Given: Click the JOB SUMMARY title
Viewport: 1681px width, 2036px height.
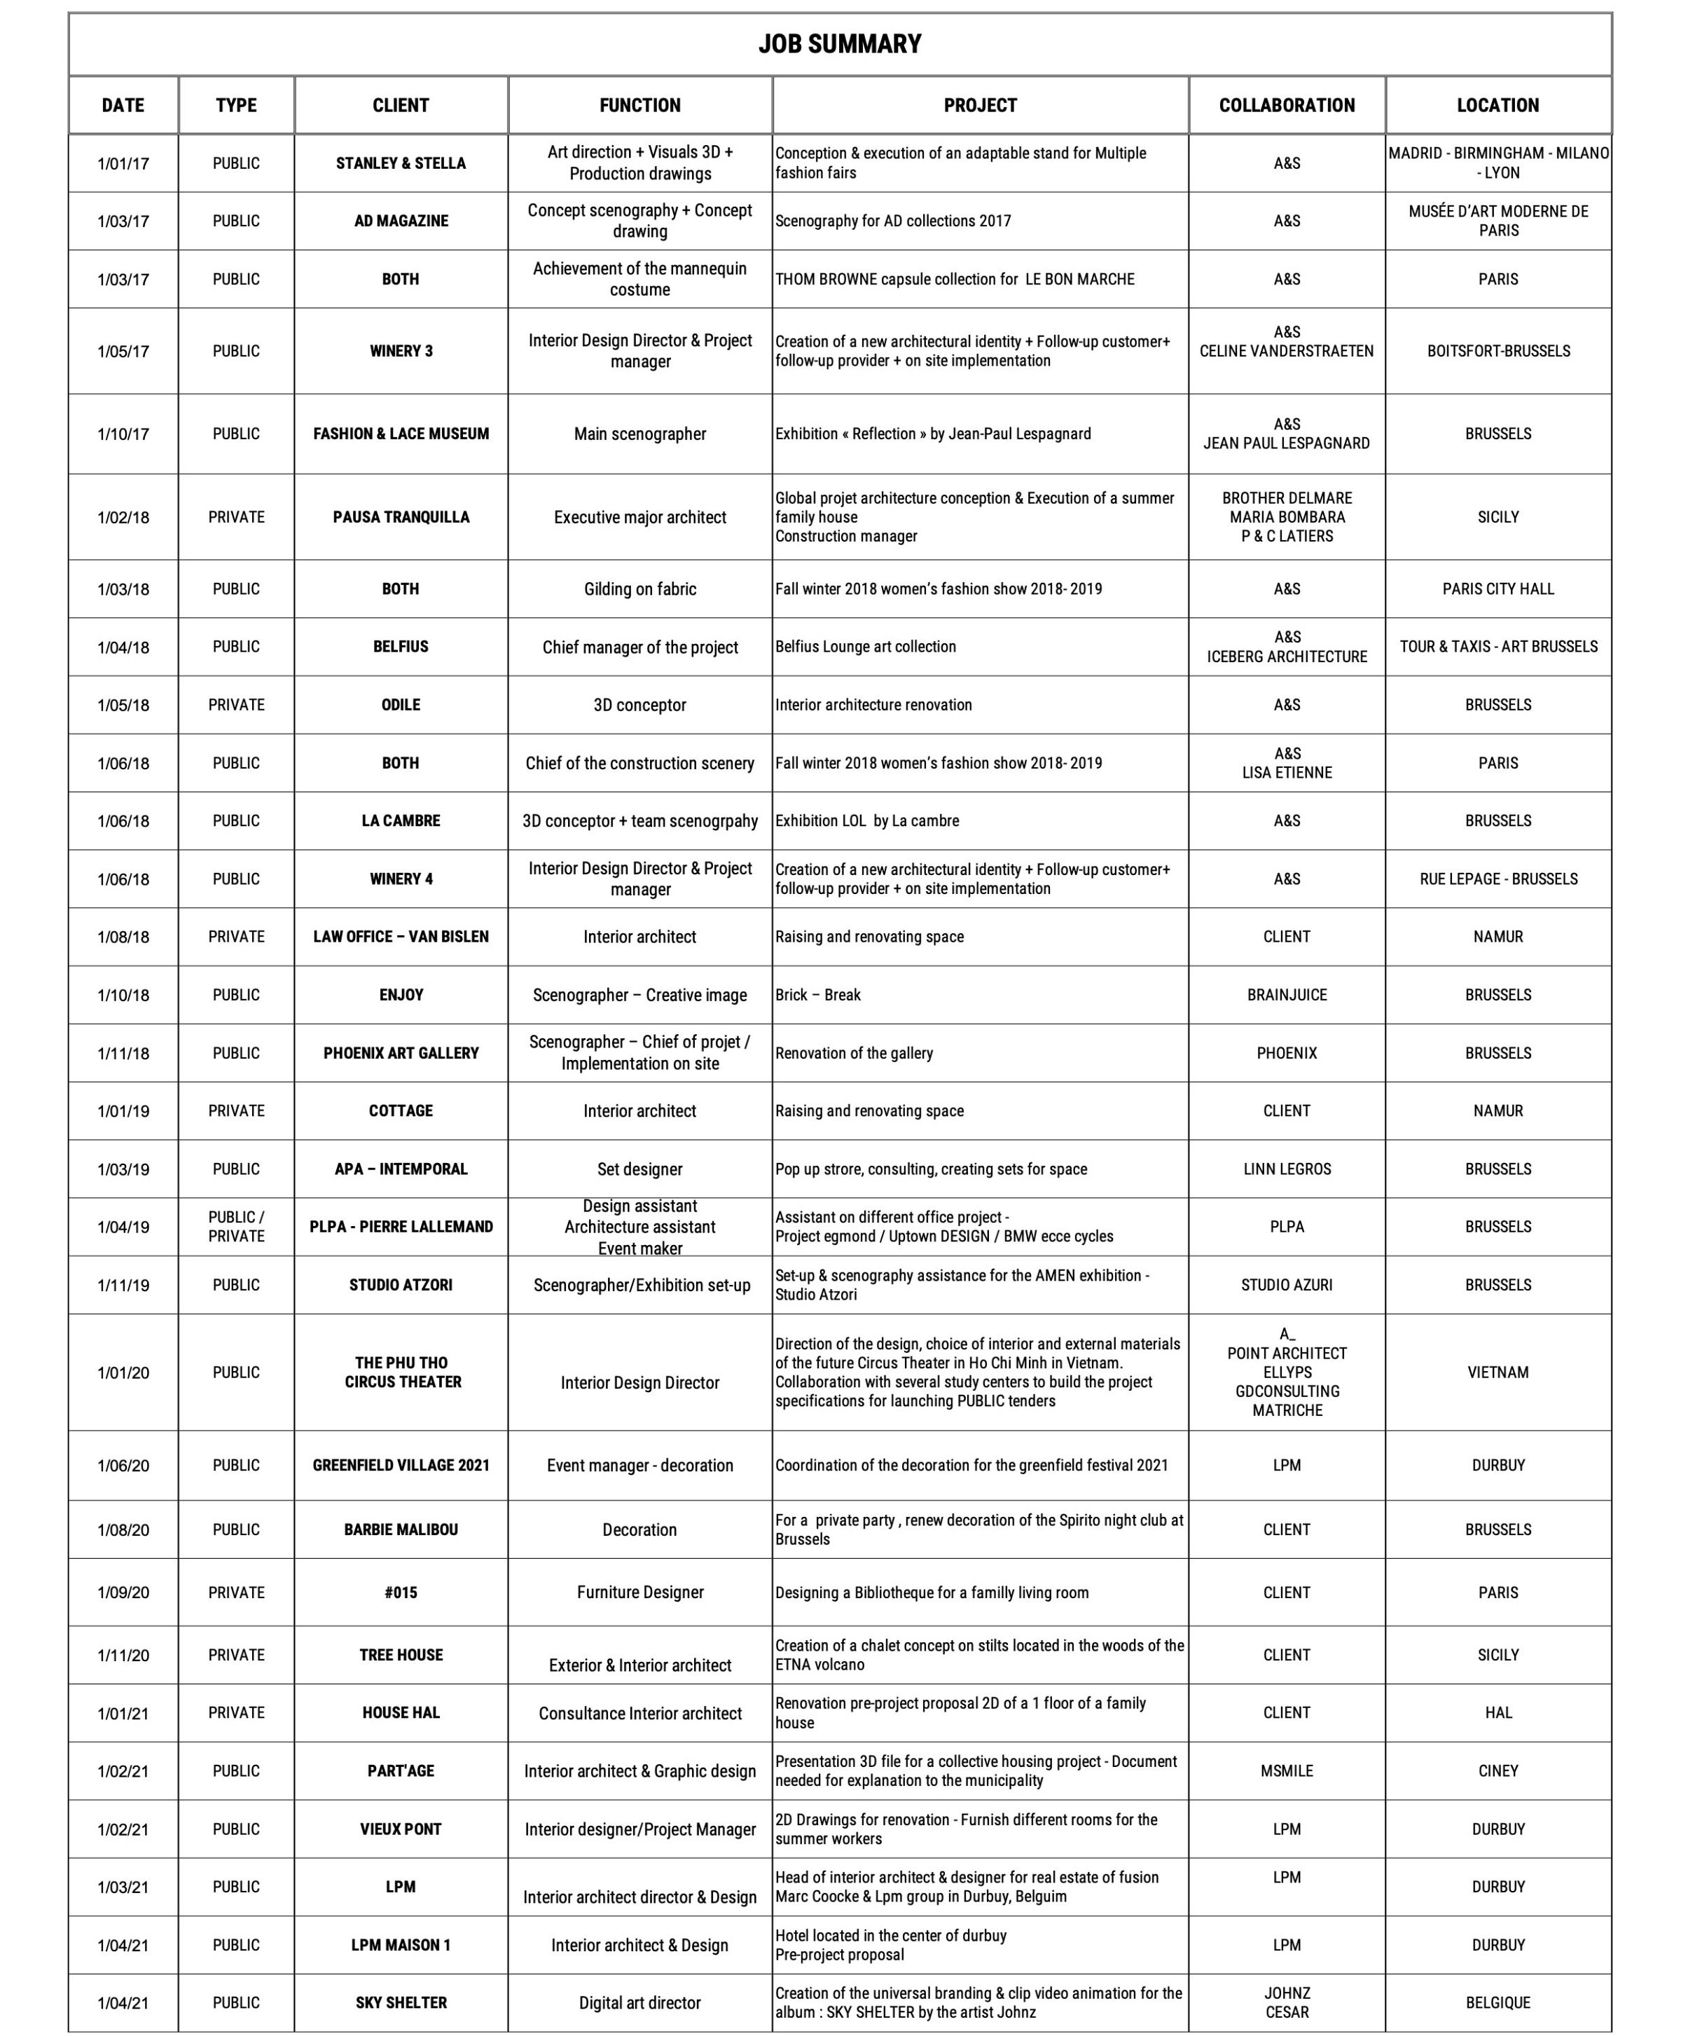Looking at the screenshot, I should tap(840, 45).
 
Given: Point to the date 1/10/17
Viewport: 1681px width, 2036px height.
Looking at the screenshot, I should tap(123, 434).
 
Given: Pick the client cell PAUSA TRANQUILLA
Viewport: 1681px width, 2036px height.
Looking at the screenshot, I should tap(401, 517).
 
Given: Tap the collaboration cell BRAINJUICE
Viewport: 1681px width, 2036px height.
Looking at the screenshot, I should tap(1286, 995).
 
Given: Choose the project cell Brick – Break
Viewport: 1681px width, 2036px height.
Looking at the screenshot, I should tap(817, 995).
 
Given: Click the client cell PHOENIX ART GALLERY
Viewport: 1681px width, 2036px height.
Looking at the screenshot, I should tap(401, 1053).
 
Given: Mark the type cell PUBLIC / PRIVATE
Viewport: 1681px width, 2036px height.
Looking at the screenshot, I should tap(236, 1226).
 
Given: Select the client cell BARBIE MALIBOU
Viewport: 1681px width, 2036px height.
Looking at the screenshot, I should tap(401, 1529).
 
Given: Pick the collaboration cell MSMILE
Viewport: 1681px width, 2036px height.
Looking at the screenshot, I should tap(1286, 1770).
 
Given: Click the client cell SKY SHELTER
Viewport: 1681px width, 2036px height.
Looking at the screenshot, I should tap(401, 2002).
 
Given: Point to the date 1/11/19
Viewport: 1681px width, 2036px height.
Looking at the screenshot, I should tap(123, 1286).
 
